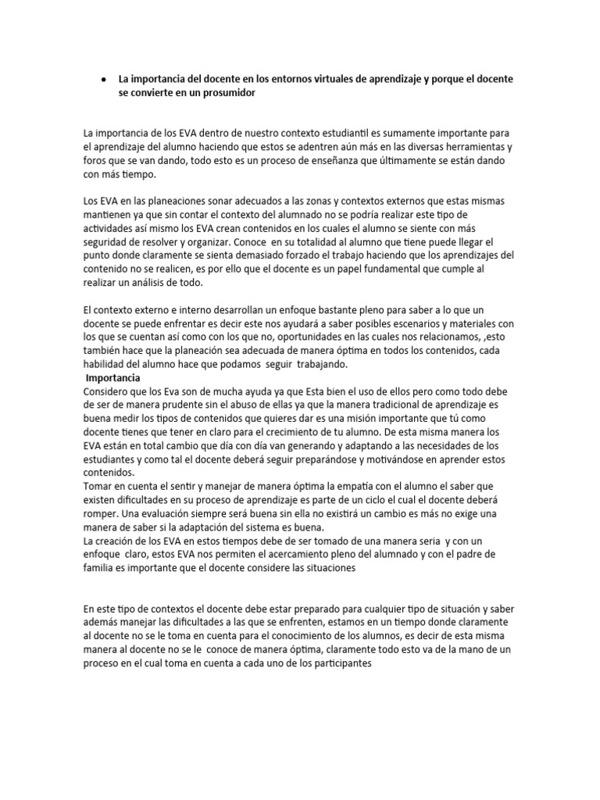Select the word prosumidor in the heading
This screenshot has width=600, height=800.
pos(227,93)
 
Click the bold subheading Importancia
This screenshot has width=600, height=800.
pos(112,378)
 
